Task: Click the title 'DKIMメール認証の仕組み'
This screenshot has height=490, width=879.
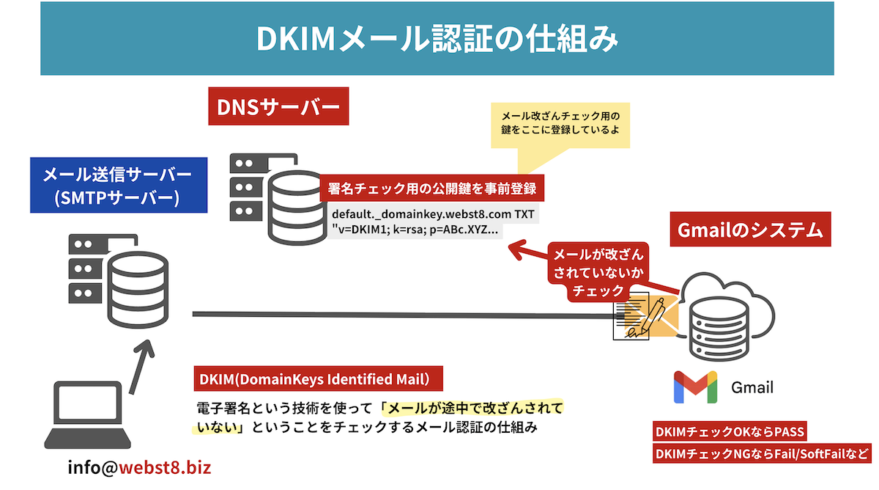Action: pos(437,39)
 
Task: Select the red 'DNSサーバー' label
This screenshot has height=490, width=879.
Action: pos(278,107)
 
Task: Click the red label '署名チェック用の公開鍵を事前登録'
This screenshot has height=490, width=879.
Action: pos(432,189)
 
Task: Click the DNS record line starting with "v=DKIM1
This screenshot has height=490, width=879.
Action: pos(415,229)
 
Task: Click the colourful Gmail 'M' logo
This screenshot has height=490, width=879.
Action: pos(694,387)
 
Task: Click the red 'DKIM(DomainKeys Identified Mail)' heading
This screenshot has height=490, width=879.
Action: pos(321,379)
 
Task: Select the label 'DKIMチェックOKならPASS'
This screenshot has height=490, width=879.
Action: pos(730,432)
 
